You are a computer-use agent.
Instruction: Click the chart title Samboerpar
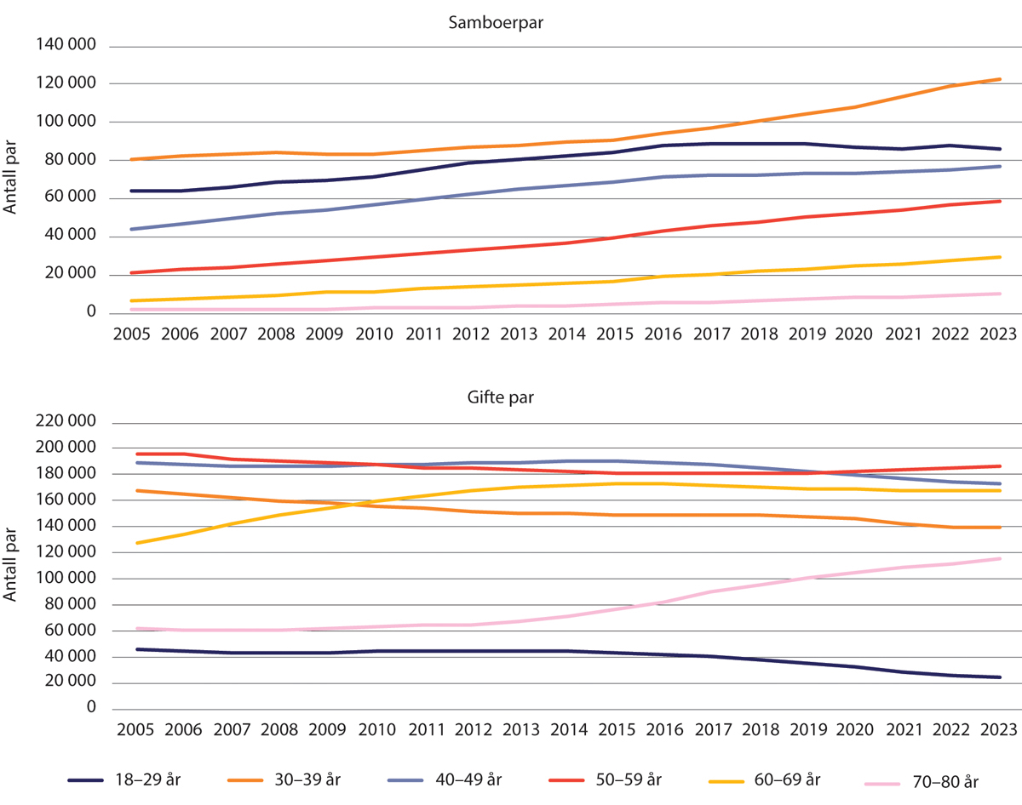pyautogui.click(x=496, y=23)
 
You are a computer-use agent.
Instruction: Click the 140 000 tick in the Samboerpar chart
pyautogui.click(x=65, y=46)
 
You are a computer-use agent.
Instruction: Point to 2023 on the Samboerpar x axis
pyautogui.click(x=999, y=334)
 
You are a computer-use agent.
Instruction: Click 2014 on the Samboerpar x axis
pyautogui.click(x=567, y=334)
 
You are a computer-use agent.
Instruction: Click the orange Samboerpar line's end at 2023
pyautogui.click(x=999, y=79)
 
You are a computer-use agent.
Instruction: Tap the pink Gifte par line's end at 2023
pyautogui.click(x=999, y=558)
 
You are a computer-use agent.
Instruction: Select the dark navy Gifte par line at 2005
pyautogui.click(x=137, y=649)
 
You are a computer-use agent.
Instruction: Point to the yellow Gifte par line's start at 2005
pyautogui.click(x=137, y=542)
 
